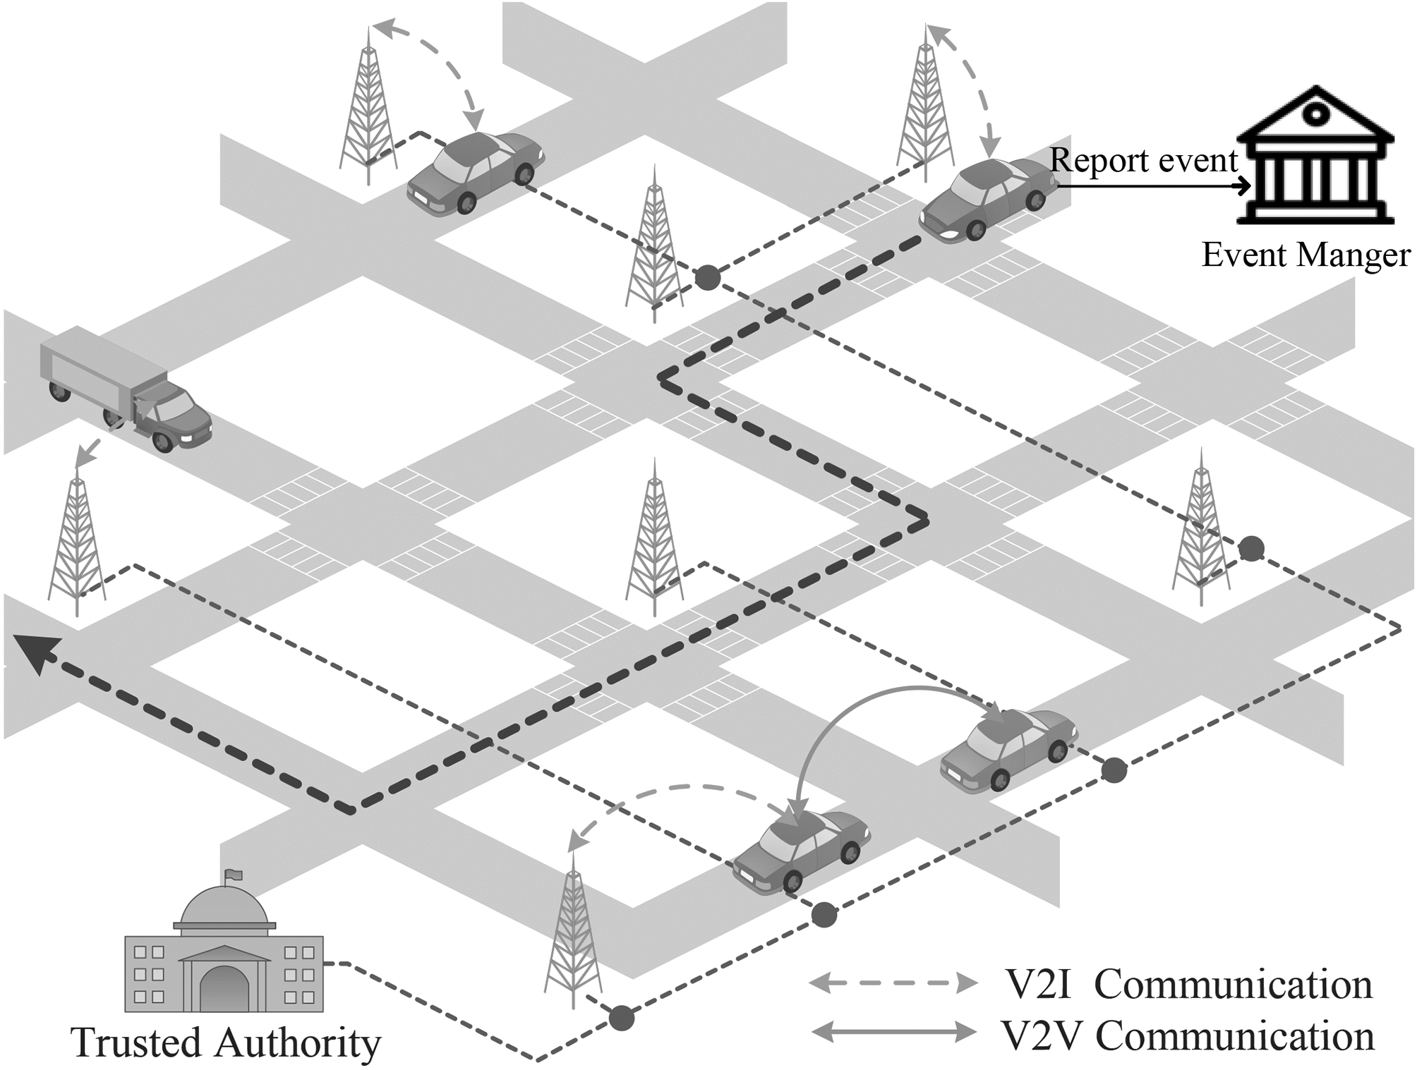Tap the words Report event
pos(1143,161)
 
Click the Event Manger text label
pos(1306,255)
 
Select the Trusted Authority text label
pos(227,1042)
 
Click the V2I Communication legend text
pos(1188,984)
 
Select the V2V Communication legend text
pos(1188,1036)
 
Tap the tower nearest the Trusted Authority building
pos(573,931)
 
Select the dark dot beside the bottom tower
pos(621,1018)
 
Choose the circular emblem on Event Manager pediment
pos(1314,113)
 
